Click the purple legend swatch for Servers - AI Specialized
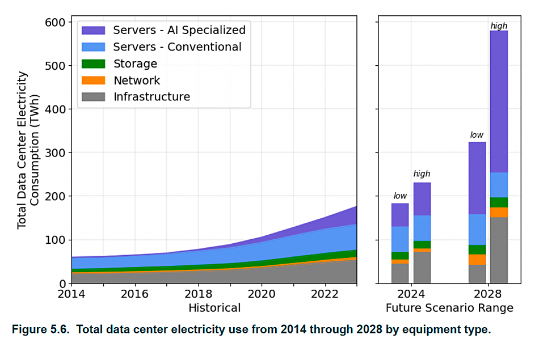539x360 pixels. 93,30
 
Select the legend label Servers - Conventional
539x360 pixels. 177,47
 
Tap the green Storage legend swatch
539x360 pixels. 93,63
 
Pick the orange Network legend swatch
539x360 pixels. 93,81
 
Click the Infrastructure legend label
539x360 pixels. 151,97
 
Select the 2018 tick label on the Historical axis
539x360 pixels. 199,295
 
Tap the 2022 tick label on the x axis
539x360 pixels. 325,295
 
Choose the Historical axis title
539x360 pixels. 214,308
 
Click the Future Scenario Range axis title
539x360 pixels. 449,308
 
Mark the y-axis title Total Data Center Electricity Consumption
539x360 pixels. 28,150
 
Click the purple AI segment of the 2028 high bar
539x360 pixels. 499,102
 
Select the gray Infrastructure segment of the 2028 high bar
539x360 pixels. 499,250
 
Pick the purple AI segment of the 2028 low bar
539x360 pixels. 477,178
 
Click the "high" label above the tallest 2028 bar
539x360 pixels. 499,26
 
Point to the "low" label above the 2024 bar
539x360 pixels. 400,196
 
